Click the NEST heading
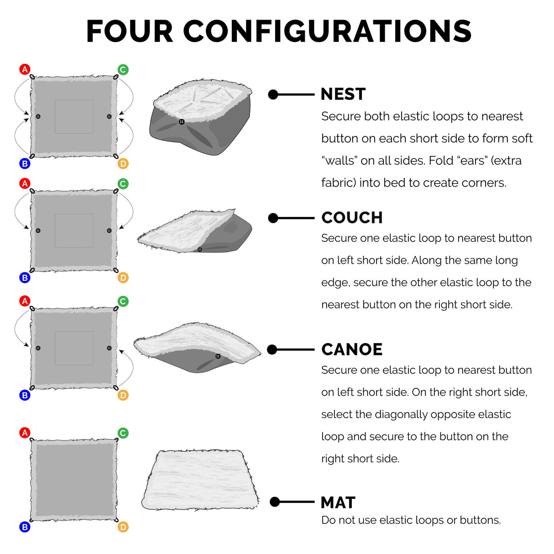343,94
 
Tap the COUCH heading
352,218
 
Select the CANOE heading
351,349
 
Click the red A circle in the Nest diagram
25,69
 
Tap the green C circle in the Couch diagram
123,184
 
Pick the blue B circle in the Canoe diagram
25,395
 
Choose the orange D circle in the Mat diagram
123,527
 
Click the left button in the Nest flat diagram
38,116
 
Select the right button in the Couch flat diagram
109,230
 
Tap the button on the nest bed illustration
182,122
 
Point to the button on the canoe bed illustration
218,356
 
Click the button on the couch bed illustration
199,249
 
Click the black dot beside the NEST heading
273,94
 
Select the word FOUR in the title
130,31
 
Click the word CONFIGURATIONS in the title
327,31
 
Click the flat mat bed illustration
200,481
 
